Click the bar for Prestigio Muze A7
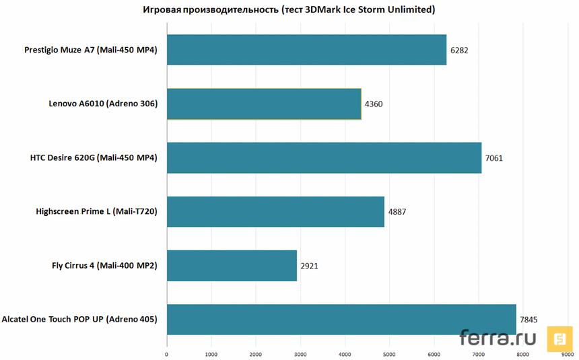pyautogui.click(x=306, y=50)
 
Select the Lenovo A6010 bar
pyautogui.click(x=264, y=104)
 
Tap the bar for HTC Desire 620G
pyautogui.click(x=324, y=158)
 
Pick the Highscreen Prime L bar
pyautogui.click(x=275, y=212)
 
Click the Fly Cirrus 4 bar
pyautogui.click(x=232, y=266)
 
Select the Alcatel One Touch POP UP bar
pyautogui.click(x=341, y=320)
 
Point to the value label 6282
pyautogui.click(x=459, y=50)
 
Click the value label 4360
pyautogui.click(x=374, y=104)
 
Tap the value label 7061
pyautogui.click(x=494, y=159)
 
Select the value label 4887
pyautogui.click(x=397, y=212)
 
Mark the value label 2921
pyautogui.click(x=310, y=266)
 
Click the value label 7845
pyautogui.click(x=529, y=320)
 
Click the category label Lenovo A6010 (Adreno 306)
pyautogui.click(x=103, y=104)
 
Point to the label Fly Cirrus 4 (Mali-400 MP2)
pyautogui.click(x=104, y=266)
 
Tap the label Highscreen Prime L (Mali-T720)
pyautogui.click(x=96, y=212)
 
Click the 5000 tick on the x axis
pyautogui.click(x=389, y=353)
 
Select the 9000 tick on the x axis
pyautogui.click(x=566, y=353)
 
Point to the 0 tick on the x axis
pyautogui.click(x=167, y=353)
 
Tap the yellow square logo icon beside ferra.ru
pyautogui.click(x=559, y=339)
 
